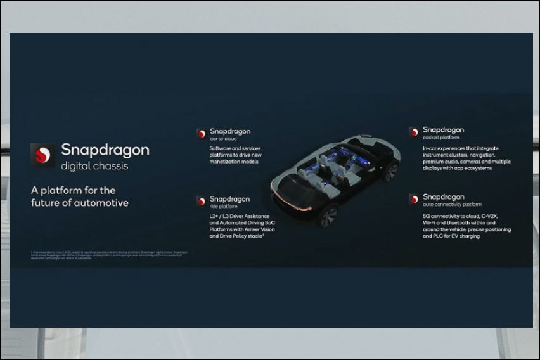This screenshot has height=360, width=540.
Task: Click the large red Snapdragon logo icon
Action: point(42,155)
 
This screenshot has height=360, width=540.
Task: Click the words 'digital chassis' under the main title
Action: point(94,167)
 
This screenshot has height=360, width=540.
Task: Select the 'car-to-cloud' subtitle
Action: point(224,139)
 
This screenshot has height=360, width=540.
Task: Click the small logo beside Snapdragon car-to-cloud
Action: point(201,133)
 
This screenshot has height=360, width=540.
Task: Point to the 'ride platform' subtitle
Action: point(224,207)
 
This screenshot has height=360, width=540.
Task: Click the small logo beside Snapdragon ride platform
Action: point(201,201)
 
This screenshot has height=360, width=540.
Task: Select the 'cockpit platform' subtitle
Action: point(441,138)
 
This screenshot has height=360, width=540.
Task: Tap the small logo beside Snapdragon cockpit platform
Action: point(413,132)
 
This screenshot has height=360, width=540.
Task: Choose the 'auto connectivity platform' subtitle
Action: point(452,205)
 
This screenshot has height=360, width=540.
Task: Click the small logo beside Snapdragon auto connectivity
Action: point(413,198)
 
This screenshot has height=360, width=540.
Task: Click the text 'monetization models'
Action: point(235,162)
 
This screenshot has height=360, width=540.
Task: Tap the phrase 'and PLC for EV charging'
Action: point(452,236)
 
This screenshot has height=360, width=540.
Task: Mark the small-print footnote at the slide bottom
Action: point(109,255)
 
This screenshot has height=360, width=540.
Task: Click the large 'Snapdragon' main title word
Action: point(105,150)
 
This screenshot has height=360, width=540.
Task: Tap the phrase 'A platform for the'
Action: point(74,190)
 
